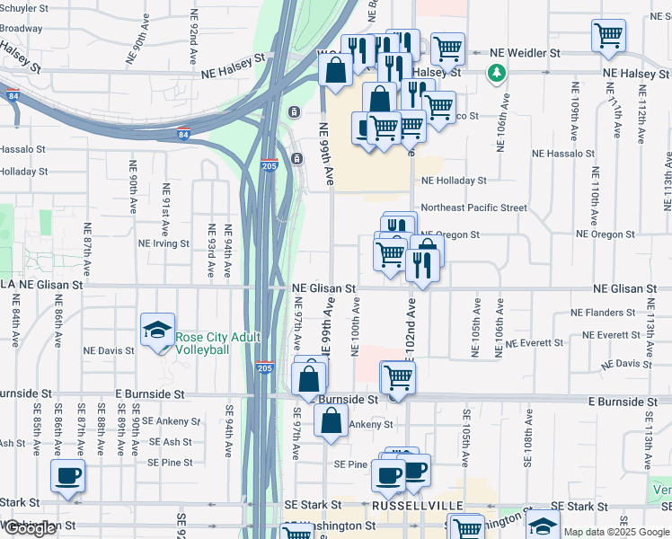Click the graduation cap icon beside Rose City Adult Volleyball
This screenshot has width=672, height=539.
(157, 331)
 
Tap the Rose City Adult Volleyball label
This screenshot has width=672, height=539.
(217, 343)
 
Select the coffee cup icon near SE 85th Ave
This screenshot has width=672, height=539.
(68, 476)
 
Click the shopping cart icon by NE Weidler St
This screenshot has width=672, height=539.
(608, 36)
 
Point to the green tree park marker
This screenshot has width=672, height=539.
(495, 71)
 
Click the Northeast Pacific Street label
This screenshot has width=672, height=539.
(473, 208)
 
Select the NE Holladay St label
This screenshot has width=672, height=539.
(455, 181)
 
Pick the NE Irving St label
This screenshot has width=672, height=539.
(164, 243)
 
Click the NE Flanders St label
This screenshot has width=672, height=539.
(603, 314)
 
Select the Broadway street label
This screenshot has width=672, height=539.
(22, 29)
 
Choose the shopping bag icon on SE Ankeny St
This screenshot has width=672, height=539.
(331, 420)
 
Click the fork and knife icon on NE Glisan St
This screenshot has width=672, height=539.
(418, 263)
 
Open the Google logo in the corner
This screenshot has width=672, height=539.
(31, 528)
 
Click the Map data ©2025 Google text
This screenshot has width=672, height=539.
(616, 532)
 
